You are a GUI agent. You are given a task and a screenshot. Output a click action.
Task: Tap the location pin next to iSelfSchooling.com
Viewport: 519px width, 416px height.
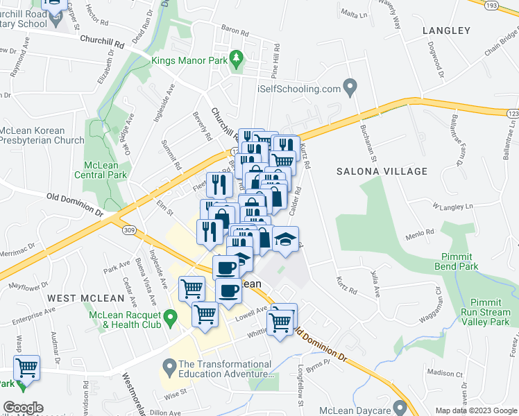pos(350,88)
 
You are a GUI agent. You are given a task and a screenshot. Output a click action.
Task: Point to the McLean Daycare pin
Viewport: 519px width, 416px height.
pos(399,407)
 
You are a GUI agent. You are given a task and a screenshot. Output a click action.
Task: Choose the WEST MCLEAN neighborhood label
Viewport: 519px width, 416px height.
pos(86,298)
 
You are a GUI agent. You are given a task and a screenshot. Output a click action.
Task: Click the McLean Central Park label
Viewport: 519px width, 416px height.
pos(105,170)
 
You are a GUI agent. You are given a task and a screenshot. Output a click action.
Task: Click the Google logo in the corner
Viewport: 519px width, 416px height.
pos(23,408)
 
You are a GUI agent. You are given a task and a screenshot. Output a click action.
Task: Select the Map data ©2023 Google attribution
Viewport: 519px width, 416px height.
pos(476,410)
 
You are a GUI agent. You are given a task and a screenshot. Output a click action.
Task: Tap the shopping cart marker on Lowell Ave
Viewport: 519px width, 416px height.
pos(281,320)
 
